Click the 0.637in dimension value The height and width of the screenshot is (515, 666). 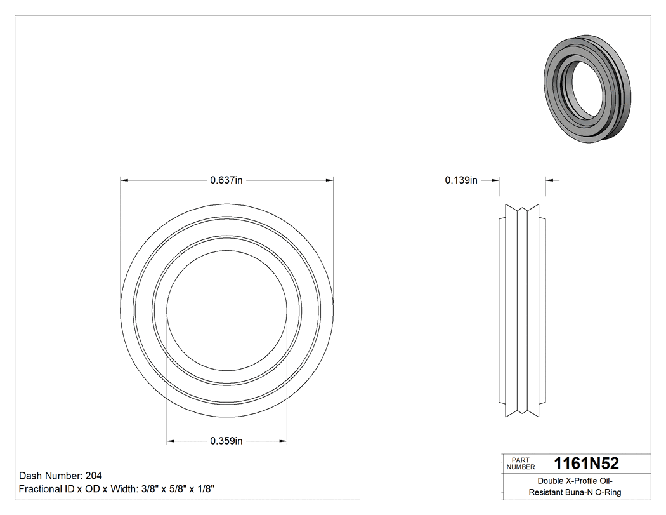(x=226, y=180)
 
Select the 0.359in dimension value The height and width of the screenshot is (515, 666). (x=226, y=441)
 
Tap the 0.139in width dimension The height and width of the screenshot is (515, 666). (x=461, y=180)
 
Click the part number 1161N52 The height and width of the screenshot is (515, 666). (x=586, y=463)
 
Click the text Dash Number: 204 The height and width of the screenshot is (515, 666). (x=61, y=476)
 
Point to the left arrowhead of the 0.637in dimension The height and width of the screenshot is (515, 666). (x=124, y=180)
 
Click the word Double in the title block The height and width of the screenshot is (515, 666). (x=550, y=481)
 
